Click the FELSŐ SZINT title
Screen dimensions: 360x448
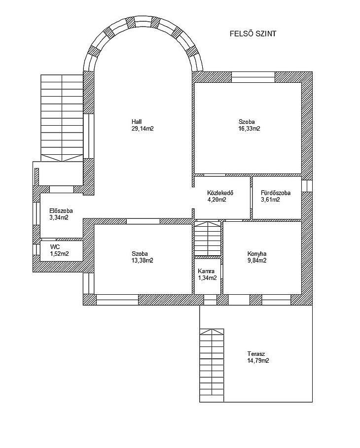click(x=253, y=34)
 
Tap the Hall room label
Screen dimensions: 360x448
click(x=137, y=122)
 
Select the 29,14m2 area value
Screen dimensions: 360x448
click(x=143, y=129)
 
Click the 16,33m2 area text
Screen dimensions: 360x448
click(x=250, y=129)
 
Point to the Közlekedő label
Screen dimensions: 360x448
click(x=220, y=193)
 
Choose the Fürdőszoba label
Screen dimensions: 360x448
click(x=276, y=193)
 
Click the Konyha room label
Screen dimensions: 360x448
click(x=257, y=254)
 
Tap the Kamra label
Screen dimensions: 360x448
click(x=206, y=271)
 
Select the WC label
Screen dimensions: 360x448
click(x=55, y=247)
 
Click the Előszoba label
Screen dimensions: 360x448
click(x=61, y=211)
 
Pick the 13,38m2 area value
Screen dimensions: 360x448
click(x=143, y=261)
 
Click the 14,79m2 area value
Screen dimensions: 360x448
click(x=258, y=361)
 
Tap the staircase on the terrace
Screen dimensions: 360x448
click(x=212, y=365)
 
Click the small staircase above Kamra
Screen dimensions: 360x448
click(x=208, y=239)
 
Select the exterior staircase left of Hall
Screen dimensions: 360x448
click(x=62, y=118)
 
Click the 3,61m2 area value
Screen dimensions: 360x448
click(x=270, y=200)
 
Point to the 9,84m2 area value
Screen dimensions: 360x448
click(x=257, y=261)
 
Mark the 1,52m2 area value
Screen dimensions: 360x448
click(x=60, y=254)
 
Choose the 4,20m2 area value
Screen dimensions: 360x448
click(x=217, y=200)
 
